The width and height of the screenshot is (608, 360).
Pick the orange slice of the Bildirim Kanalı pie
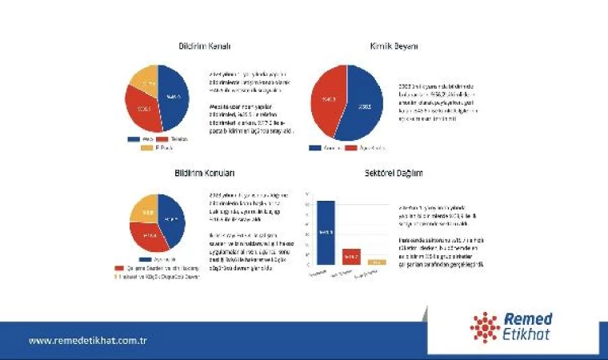coord(145,80)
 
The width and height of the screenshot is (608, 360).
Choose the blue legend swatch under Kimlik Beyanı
coord(315,147)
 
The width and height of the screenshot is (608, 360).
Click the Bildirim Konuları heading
coord(204,173)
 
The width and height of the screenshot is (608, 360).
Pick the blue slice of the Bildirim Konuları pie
coord(173,223)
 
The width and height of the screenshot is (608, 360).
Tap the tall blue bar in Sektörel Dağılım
coord(326,232)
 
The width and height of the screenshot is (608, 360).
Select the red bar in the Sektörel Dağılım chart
coord(351,256)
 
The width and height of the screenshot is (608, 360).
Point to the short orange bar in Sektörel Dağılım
coord(377,262)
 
